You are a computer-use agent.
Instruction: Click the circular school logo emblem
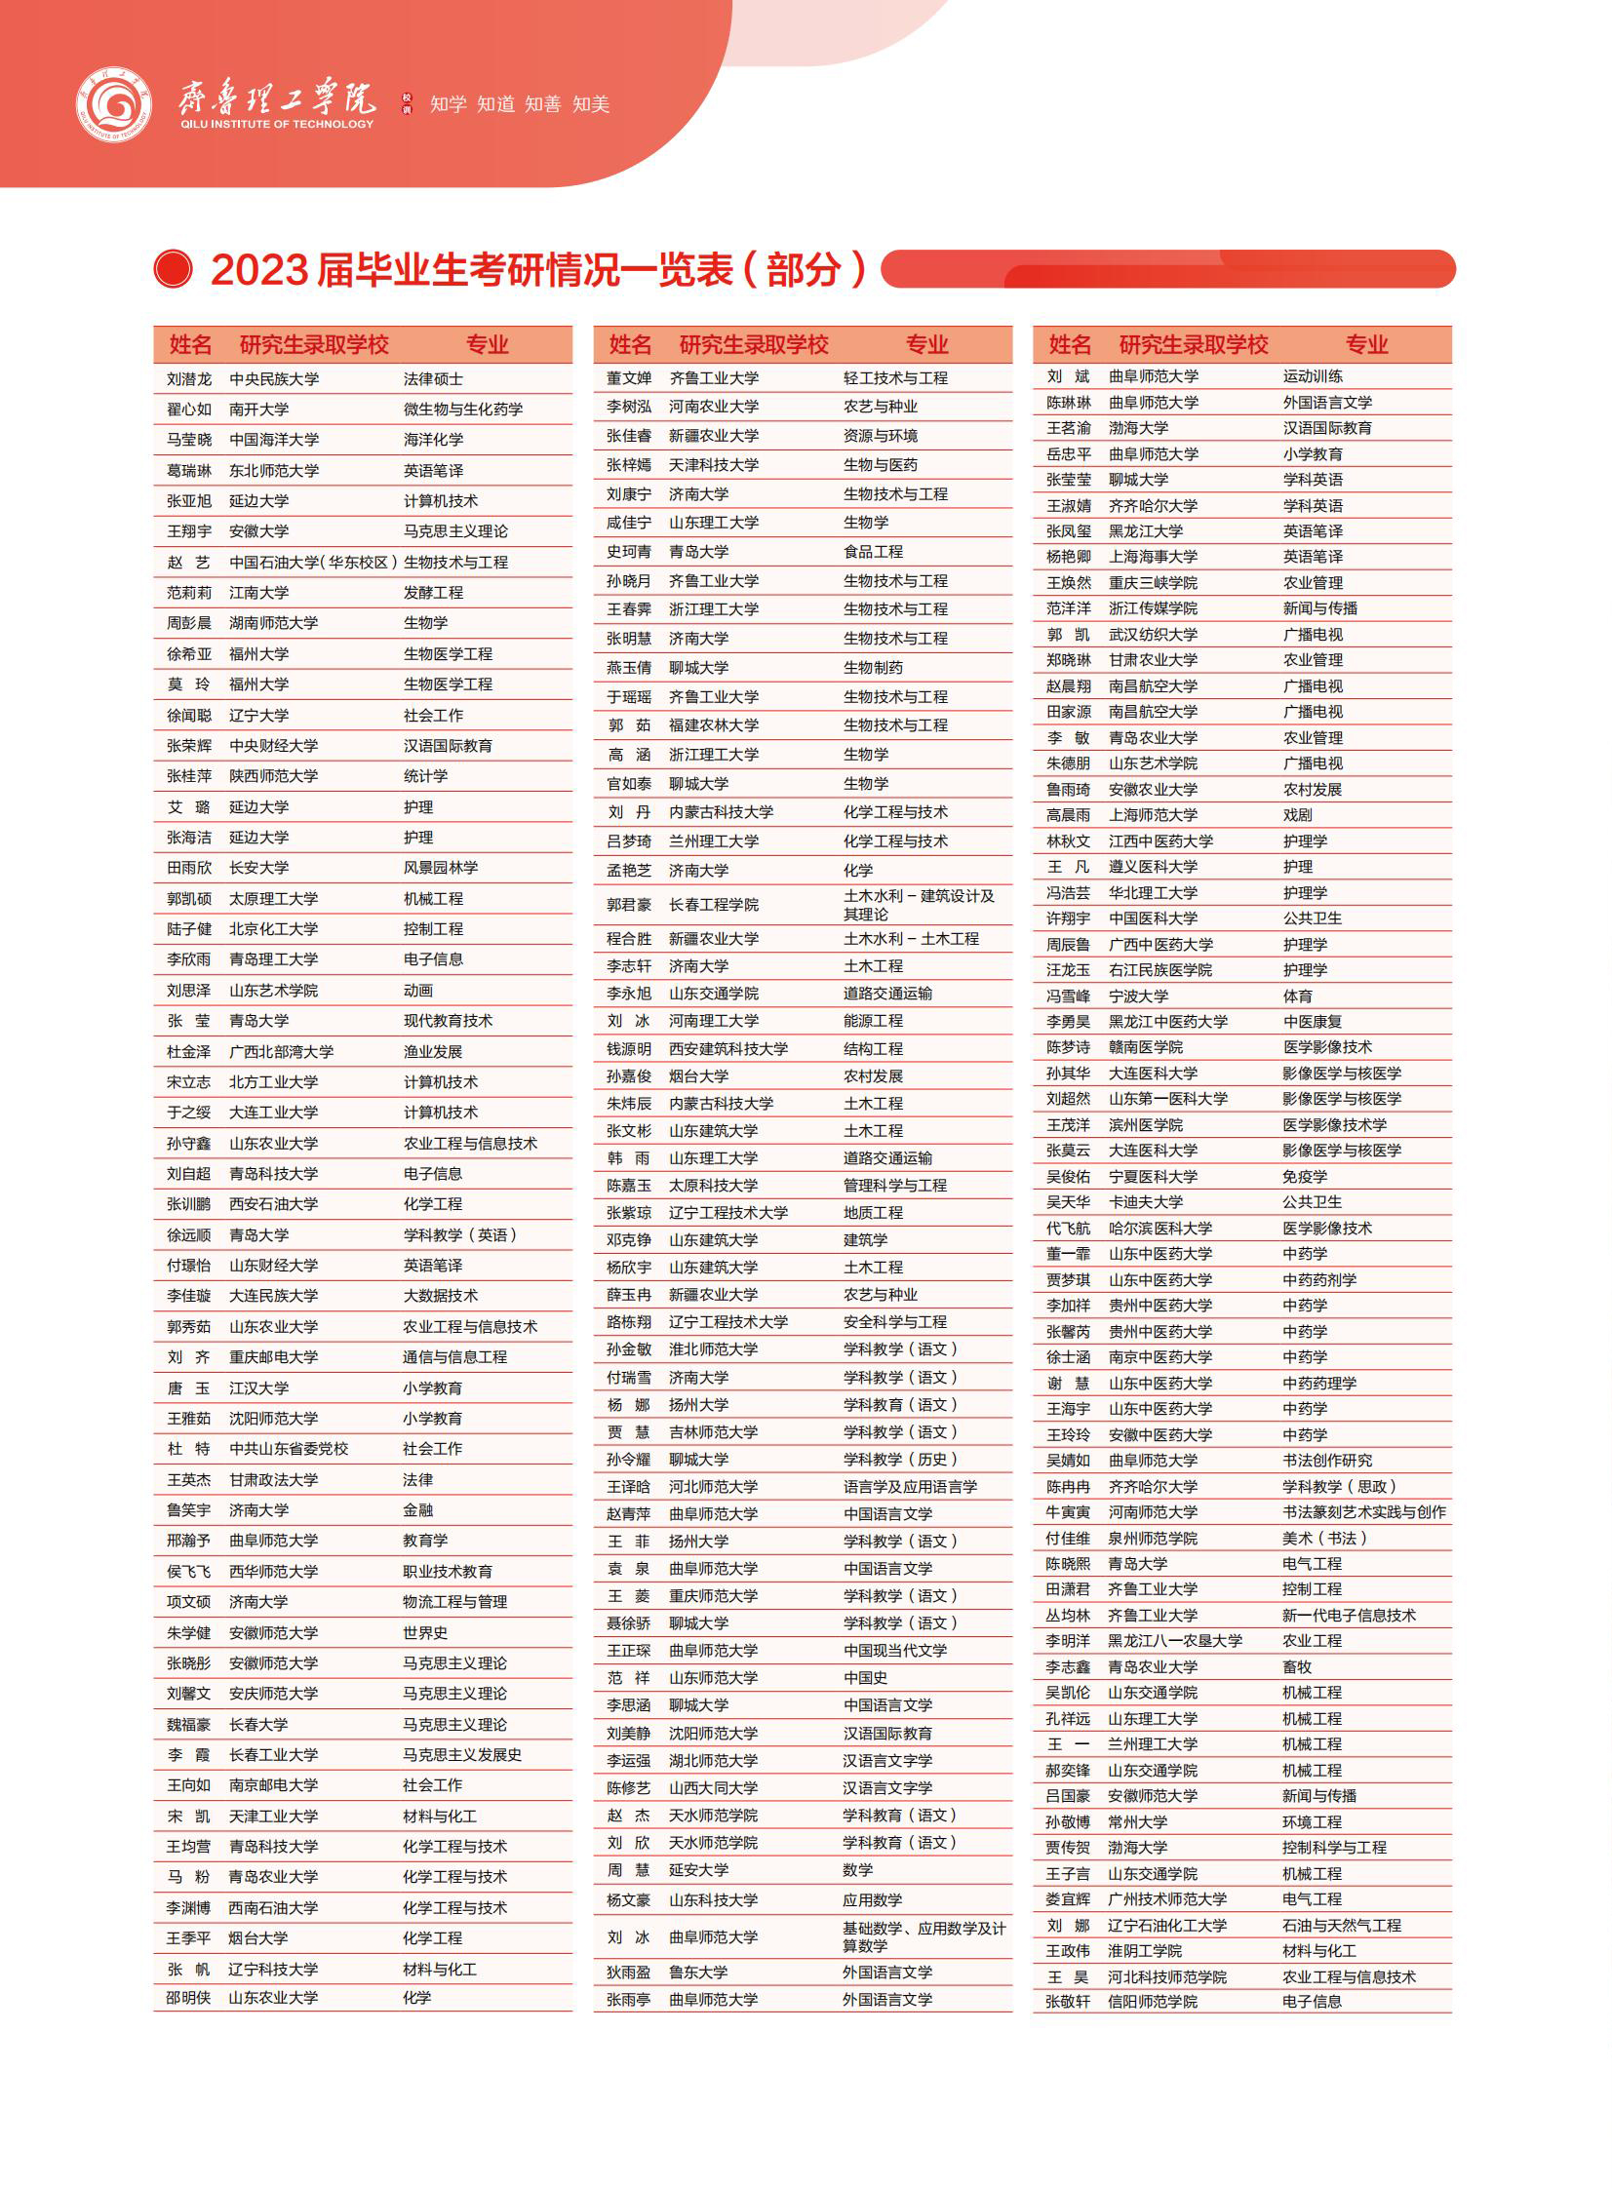tap(114, 104)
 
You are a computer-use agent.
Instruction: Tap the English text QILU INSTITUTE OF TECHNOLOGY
tap(277, 124)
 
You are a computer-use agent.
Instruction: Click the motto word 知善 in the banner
tap(542, 104)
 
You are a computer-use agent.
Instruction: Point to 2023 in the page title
tap(259, 270)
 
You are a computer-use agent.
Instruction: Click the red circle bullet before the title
tap(174, 269)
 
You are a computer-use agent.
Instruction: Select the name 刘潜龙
tap(188, 379)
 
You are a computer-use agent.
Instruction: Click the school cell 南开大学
tap(258, 410)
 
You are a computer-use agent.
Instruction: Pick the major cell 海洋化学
tap(433, 440)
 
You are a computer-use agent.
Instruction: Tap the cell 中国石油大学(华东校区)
tap(312, 563)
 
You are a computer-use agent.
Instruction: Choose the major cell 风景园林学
tap(440, 867)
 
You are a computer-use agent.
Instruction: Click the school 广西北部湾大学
tap(281, 1051)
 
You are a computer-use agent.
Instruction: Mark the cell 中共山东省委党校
tap(288, 1449)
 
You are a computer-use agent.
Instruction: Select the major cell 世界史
tap(425, 1632)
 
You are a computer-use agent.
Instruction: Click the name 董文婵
tap(628, 378)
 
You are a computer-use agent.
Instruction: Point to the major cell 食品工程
tap(873, 552)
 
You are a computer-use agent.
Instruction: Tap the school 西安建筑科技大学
tap(727, 1048)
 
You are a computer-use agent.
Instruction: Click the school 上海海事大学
tap(1153, 557)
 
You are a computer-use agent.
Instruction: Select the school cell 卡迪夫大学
tap(1146, 1202)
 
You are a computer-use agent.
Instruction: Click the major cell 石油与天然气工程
tap(1341, 1925)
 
